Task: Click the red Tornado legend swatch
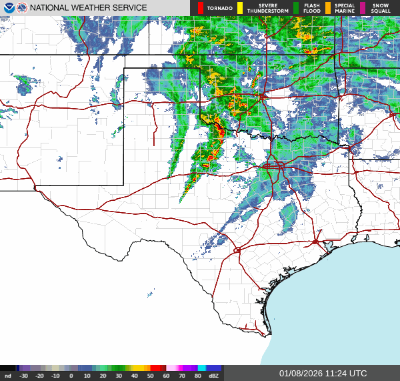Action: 201,8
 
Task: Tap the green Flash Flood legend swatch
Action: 296,8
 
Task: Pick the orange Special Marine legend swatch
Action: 328,8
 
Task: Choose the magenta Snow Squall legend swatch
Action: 363,8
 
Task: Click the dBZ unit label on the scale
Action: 214,376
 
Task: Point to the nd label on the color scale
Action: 8,376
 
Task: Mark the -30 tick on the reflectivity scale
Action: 24,376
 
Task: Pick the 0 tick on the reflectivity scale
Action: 71,376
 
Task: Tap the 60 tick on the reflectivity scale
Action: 165,376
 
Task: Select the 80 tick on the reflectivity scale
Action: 197,376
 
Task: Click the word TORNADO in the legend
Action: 220,8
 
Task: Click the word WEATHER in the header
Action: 92,8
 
